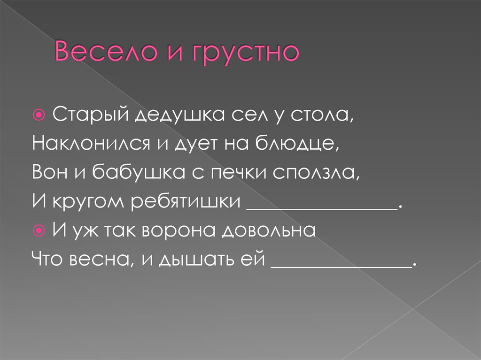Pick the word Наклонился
click(x=89, y=145)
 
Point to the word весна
click(x=106, y=260)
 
